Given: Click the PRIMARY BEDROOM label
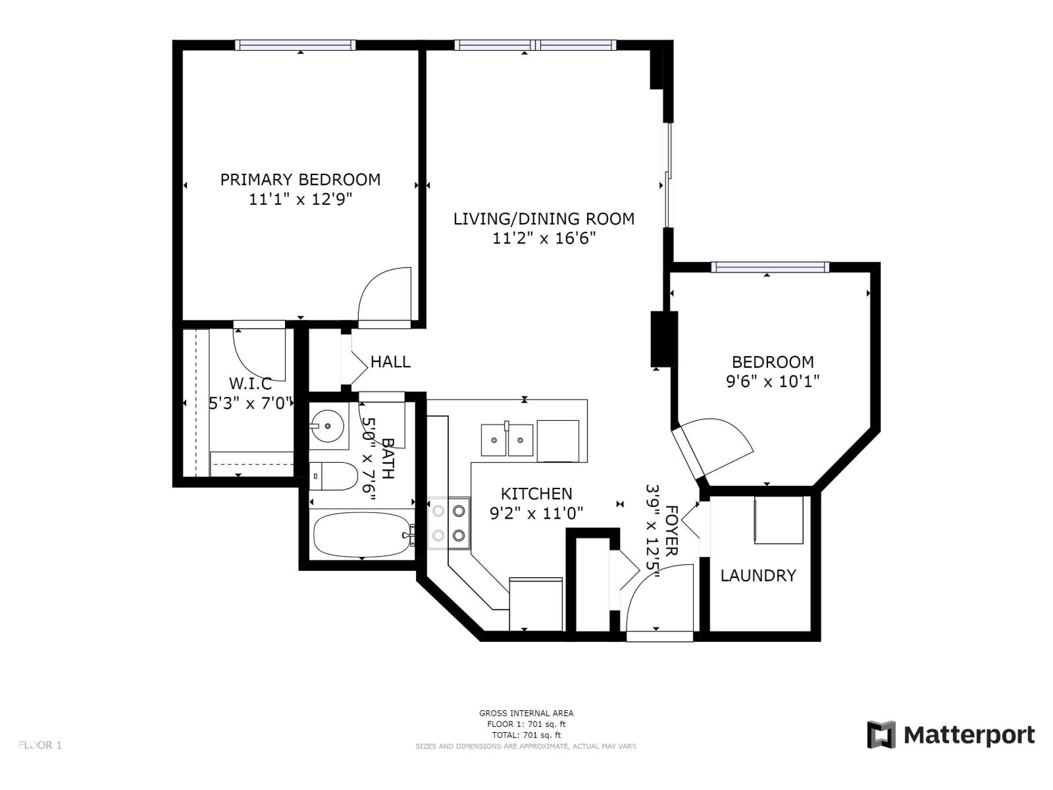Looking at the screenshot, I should coord(300,179).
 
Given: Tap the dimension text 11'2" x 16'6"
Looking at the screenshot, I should coord(544,238).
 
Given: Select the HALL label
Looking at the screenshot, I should coord(390,361).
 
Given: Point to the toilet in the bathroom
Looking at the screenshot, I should coord(334,476).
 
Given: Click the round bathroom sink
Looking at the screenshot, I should coord(328,426).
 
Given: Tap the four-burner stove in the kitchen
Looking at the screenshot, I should coord(449,523).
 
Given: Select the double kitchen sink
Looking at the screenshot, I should coord(507,440).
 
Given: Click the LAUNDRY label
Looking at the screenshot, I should coord(758,575).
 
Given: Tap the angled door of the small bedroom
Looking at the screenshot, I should coord(713,444).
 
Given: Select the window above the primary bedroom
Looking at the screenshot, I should coord(295,45).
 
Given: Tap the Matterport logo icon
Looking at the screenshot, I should coord(881,735).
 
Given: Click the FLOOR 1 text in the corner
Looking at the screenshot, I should coord(40,745).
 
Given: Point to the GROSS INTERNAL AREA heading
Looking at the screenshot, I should coord(526,713).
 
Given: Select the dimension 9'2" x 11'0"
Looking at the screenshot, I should coord(536,513).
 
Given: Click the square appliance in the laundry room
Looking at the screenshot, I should coord(779,520).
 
